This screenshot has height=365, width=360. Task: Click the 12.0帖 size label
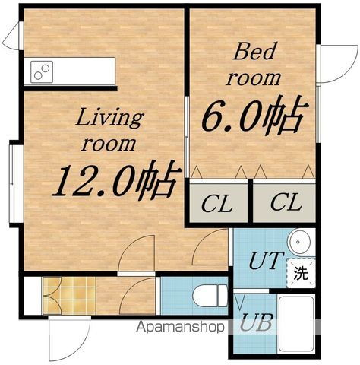click(x=117, y=181)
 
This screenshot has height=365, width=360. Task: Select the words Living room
click(x=109, y=131)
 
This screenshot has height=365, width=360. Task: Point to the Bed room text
click(x=254, y=64)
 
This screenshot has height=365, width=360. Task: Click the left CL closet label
click(x=217, y=204)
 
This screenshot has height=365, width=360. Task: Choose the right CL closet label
click(x=286, y=202)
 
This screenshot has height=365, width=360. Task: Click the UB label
click(x=256, y=322)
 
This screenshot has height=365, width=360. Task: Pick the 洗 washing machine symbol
click(x=301, y=273)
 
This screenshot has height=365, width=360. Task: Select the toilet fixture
click(x=210, y=296)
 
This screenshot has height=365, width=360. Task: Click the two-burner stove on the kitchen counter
click(x=42, y=71)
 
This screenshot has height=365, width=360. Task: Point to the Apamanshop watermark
click(x=180, y=327)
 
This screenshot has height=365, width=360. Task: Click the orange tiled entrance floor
click(x=69, y=296)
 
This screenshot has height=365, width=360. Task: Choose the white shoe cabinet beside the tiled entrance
click(x=33, y=296)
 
